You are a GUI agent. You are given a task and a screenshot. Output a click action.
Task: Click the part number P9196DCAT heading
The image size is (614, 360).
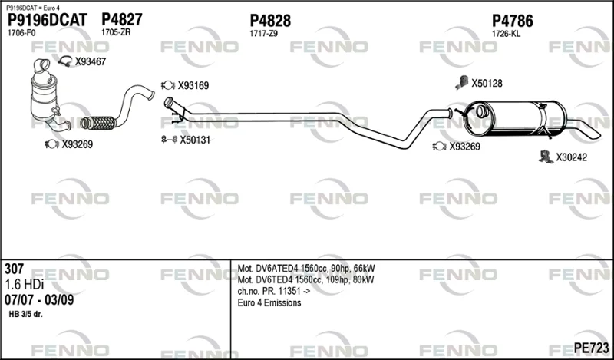48,21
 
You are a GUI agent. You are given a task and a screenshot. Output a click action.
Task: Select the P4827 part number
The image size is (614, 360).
122,19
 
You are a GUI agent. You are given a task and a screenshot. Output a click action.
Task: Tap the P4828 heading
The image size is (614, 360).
270,21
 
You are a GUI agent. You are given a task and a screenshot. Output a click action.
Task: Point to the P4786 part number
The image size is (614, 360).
513,21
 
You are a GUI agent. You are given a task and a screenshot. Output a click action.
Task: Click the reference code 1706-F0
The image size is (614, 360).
21,33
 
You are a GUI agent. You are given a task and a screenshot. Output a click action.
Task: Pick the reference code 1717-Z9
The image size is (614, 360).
263,34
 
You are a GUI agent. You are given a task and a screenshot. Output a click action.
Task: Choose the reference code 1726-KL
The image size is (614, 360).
506,34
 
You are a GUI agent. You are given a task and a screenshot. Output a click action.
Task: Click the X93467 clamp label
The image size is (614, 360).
91,61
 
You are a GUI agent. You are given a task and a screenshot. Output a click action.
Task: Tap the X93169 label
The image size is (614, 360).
193,85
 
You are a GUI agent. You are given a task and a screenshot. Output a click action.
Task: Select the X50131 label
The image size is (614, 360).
195,140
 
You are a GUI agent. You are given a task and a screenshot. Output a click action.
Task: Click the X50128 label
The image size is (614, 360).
487,83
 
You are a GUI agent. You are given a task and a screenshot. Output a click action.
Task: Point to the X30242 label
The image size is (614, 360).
572,157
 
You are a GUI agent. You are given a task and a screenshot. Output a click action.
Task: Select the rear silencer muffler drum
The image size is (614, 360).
514,118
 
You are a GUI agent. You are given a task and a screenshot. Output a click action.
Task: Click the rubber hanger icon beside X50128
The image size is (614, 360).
462,83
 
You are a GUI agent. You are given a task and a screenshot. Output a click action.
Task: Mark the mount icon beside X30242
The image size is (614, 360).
545,157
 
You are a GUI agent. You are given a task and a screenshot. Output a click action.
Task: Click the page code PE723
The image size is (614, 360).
591,348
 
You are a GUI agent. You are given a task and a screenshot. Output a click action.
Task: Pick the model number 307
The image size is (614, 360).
14,269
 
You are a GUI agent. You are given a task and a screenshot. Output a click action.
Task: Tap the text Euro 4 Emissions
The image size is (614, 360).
269,302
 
